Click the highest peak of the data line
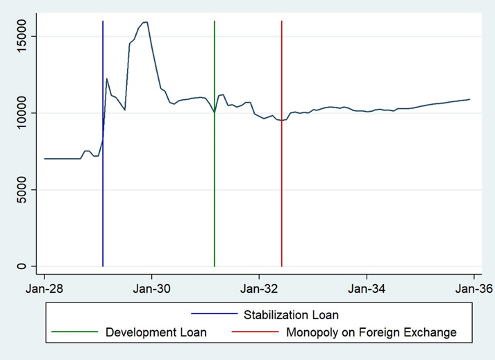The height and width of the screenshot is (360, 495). [146, 22]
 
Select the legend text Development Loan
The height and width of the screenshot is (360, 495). [156, 332]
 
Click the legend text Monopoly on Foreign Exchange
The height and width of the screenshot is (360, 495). [371, 332]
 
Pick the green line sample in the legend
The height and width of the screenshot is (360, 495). [76, 332]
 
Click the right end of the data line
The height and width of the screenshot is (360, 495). [469, 99]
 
